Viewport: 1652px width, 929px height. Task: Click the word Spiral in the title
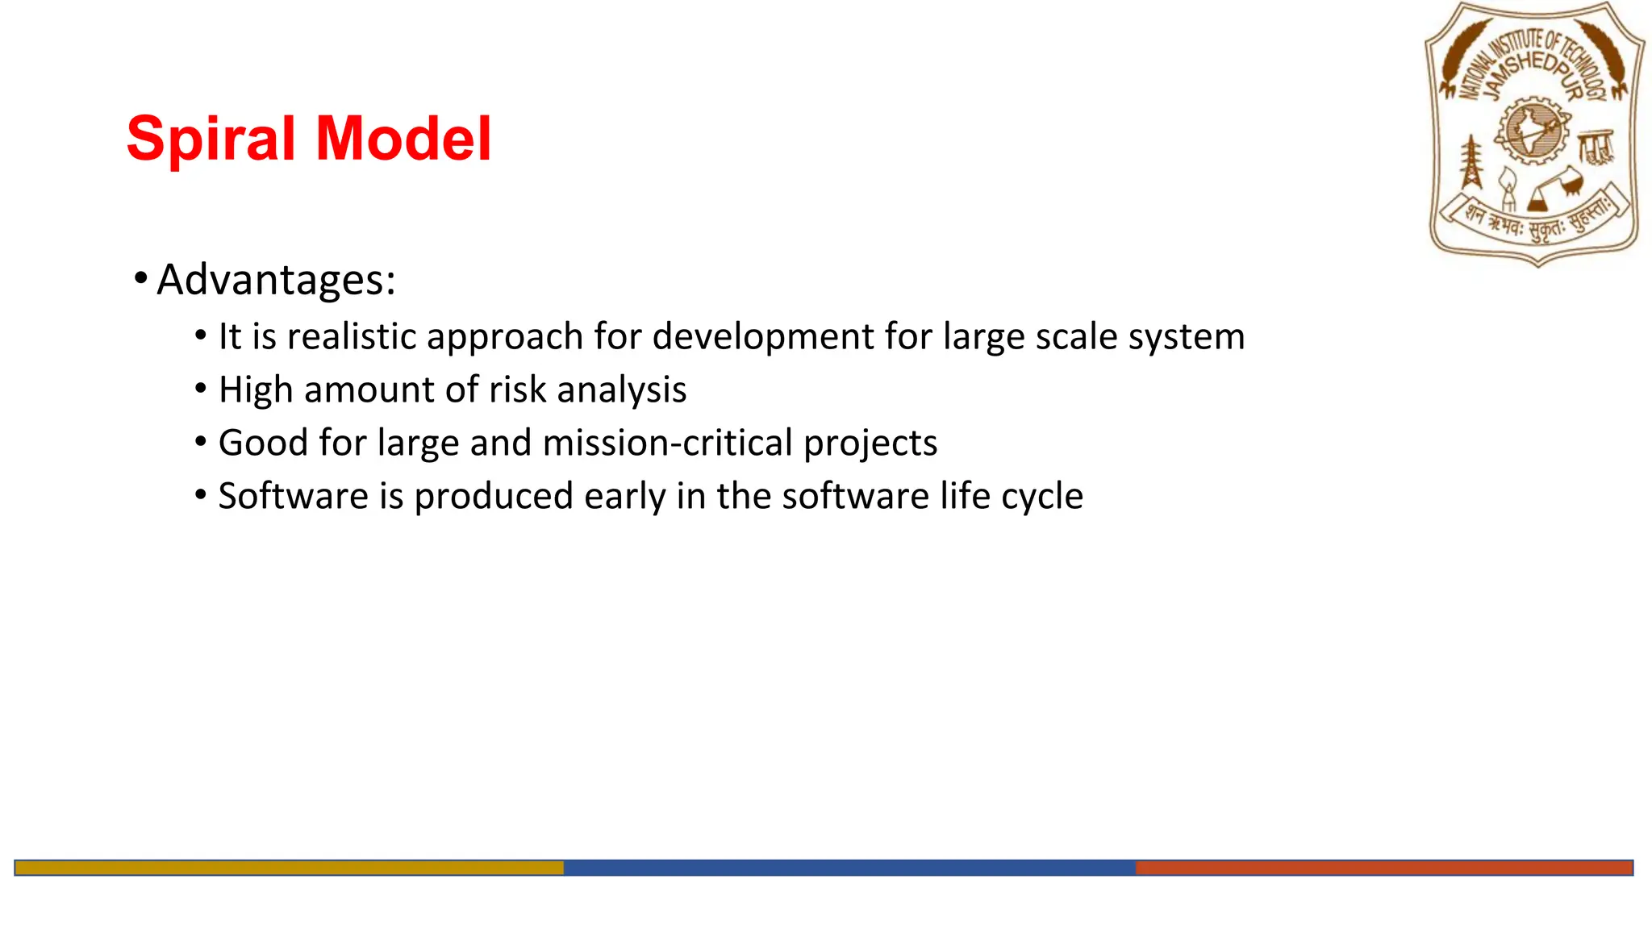pyautogui.click(x=211, y=139)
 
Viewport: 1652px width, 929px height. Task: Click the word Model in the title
pyautogui.click(x=403, y=139)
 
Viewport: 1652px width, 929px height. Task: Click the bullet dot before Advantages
pyautogui.click(x=141, y=279)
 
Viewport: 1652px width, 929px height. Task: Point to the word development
pyautogui.click(x=762, y=336)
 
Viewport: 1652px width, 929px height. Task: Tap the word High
pyautogui.click(x=255, y=390)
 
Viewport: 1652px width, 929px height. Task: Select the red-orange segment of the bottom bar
pyautogui.click(x=1383, y=868)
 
